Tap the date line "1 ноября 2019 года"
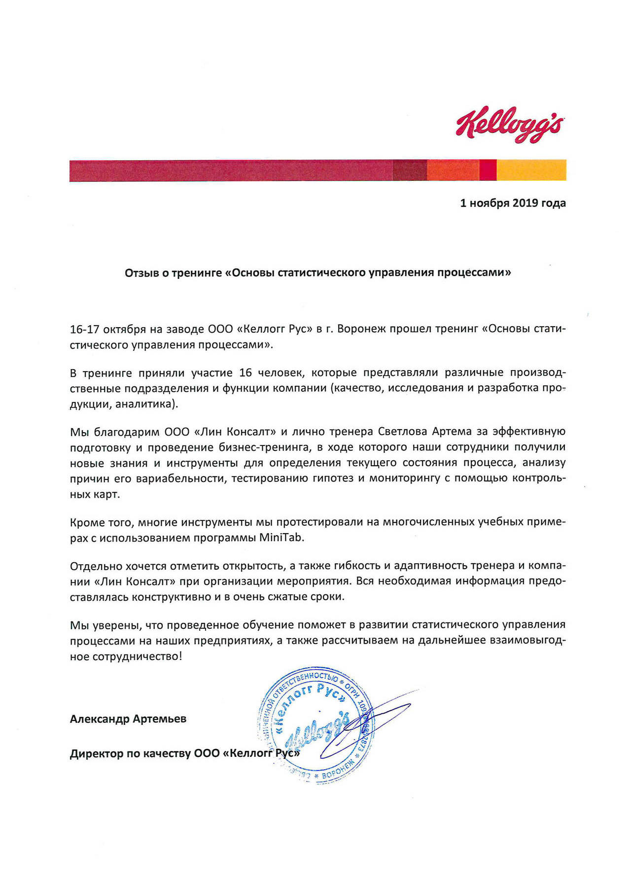tap(513, 203)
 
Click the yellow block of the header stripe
tap(531, 171)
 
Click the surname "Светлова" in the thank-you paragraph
tap(403, 432)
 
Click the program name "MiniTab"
tap(282, 538)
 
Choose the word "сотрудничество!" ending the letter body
tap(137, 657)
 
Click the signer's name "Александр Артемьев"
tap(128, 719)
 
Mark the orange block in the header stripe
tap(453, 171)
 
